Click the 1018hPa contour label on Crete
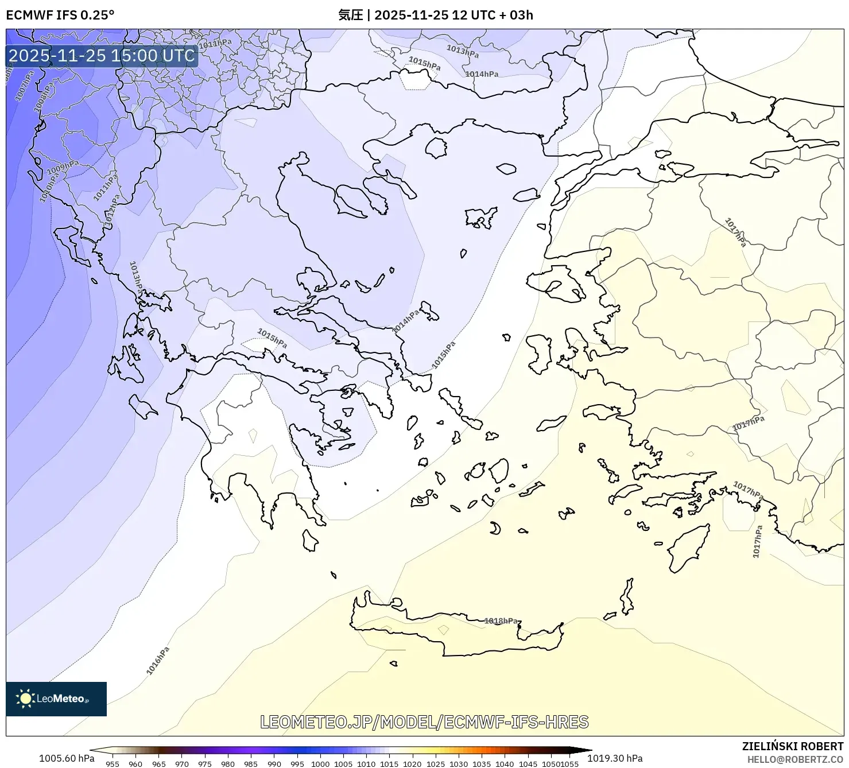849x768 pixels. [501, 620]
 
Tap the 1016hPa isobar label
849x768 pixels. [158, 661]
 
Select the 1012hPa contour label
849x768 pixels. [113, 209]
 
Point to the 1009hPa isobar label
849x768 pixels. [63, 168]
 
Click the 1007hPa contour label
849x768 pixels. [25, 86]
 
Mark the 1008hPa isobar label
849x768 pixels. [44, 96]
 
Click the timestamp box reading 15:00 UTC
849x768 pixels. [102, 56]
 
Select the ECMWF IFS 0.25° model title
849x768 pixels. [60, 15]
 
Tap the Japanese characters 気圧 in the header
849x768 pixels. [350, 15]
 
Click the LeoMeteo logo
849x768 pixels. [56, 699]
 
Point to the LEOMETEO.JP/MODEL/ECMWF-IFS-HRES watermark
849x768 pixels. [424, 722]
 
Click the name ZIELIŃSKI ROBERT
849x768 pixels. [792, 746]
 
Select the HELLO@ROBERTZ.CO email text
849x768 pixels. [795, 759]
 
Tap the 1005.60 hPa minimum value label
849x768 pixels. [67, 758]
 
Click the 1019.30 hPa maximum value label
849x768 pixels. [615, 758]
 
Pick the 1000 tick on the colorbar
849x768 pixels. [320, 763]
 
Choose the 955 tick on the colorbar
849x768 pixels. [113, 763]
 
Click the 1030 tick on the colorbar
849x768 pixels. [458, 763]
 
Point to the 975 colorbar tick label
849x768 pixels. [205, 763]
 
